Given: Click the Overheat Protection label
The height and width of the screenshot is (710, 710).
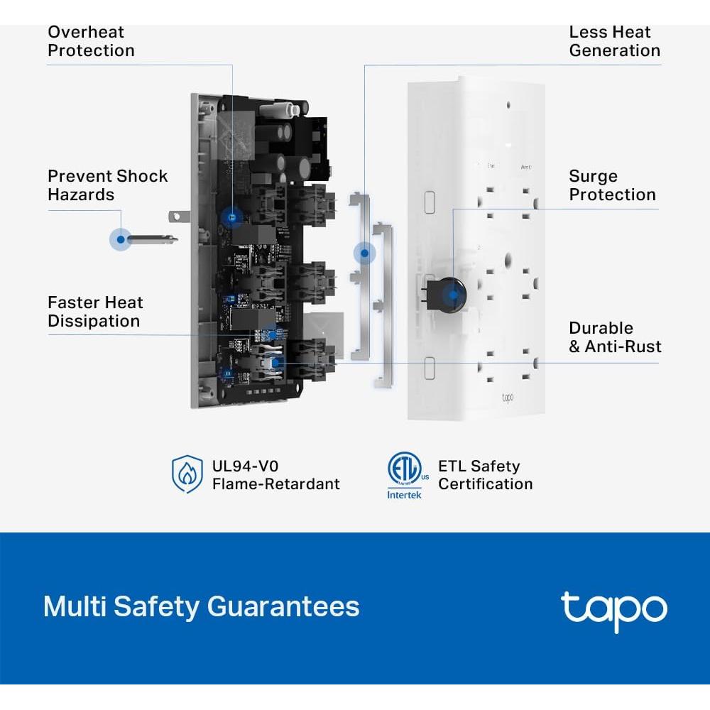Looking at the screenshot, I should click(90, 41).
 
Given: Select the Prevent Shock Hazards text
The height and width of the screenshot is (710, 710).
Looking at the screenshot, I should click(107, 185).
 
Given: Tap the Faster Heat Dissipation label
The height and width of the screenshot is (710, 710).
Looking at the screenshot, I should click(95, 312).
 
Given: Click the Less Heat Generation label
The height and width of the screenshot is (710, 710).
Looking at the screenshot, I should click(614, 41).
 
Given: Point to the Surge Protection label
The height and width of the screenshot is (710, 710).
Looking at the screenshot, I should click(612, 185).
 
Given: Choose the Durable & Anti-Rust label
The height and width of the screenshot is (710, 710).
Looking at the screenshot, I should click(615, 337).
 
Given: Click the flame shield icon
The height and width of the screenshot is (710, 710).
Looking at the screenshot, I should click(187, 475).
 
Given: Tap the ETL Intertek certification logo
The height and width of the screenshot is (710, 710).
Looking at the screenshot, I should click(405, 475).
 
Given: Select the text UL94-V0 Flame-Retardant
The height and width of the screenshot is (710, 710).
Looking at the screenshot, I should click(275, 475).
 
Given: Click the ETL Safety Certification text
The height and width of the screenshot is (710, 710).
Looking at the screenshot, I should click(485, 475).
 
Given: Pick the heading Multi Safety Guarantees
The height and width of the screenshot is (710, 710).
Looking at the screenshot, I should click(201, 607).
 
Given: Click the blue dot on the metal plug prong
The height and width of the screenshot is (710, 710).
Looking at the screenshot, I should click(121, 239).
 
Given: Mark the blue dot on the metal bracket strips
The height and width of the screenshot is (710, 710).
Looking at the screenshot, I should click(365, 252).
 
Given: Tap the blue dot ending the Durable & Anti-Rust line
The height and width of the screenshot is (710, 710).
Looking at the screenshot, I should click(276, 363).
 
